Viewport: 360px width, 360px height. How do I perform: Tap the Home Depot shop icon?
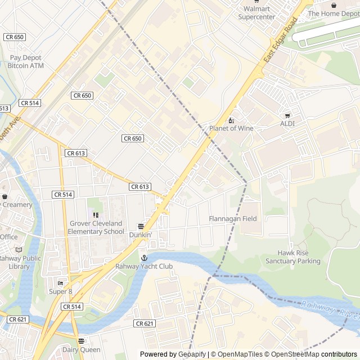coord(334,5)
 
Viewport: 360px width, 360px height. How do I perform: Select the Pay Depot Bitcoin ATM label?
coord(25,62)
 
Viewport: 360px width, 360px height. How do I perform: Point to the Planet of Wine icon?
coord(231,120)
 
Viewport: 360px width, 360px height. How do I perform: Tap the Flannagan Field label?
coord(233,219)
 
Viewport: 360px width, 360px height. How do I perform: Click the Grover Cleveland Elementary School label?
coord(96,227)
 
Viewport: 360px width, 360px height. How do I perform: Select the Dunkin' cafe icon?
coord(141,226)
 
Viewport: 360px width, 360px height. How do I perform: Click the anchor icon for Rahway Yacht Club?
coord(144,258)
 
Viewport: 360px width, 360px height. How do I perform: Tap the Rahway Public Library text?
coord(20,263)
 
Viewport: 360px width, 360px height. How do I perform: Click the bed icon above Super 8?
coord(61,283)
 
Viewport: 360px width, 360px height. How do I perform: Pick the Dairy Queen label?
coord(82,350)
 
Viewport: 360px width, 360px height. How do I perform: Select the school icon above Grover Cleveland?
coord(96,215)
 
